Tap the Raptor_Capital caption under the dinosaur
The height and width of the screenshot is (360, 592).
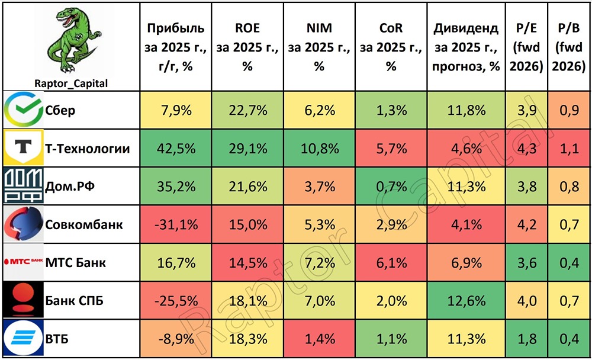point(70,83)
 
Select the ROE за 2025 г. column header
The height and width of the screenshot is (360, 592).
point(247,47)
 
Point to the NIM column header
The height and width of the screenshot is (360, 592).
point(318,47)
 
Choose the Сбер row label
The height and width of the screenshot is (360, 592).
point(60,110)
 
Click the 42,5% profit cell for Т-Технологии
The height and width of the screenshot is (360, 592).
point(175,148)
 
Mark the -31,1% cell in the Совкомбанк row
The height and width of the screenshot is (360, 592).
point(175,224)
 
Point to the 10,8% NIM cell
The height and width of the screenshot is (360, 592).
point(318,148)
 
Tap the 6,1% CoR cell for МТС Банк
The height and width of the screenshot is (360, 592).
point(391,262)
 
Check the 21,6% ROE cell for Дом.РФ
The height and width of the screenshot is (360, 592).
point(247,187)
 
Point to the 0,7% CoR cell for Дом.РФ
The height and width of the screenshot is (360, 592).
point(391,187)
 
